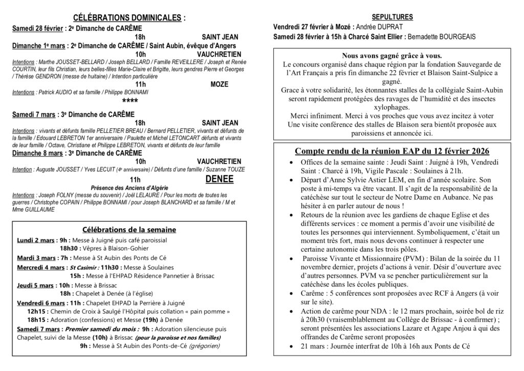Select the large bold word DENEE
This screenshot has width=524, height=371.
pos(220,179)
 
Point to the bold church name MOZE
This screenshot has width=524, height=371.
pos(220,85)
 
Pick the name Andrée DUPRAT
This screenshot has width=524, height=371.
pos(379,27)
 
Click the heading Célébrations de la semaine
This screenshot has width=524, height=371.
pos(129,229)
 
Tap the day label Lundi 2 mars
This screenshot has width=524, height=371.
pos(36,240)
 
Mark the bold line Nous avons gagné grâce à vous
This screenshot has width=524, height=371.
pos(392,55)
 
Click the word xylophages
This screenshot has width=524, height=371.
pos(392,107)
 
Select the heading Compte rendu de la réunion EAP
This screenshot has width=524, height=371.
pos(392,151)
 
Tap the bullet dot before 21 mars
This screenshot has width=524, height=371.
pos(291,347)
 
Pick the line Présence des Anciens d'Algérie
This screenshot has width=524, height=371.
pos(129,188)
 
